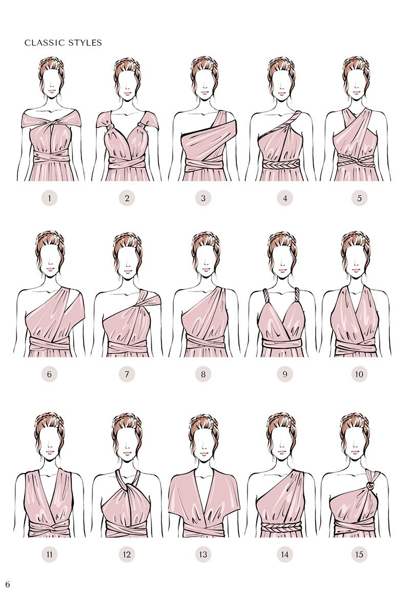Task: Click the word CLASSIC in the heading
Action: coord(42,43)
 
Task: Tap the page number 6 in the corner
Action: coord(8,584)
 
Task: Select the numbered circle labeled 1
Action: coord(49,198)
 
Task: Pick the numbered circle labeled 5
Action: coord(359,198)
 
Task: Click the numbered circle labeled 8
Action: coord(203,374)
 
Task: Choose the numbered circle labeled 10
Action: coord(359,374)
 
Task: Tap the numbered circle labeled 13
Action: coord(203,554)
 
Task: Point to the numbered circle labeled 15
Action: coord(359,554)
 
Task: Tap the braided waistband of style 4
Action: coord(280,164)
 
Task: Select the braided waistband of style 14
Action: coord(280,526)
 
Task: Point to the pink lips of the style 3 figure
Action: coord(204,93)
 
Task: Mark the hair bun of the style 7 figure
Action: coord(127,240)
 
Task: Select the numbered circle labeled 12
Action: coord(127,554)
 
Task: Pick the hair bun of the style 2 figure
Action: coord(127,64)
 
